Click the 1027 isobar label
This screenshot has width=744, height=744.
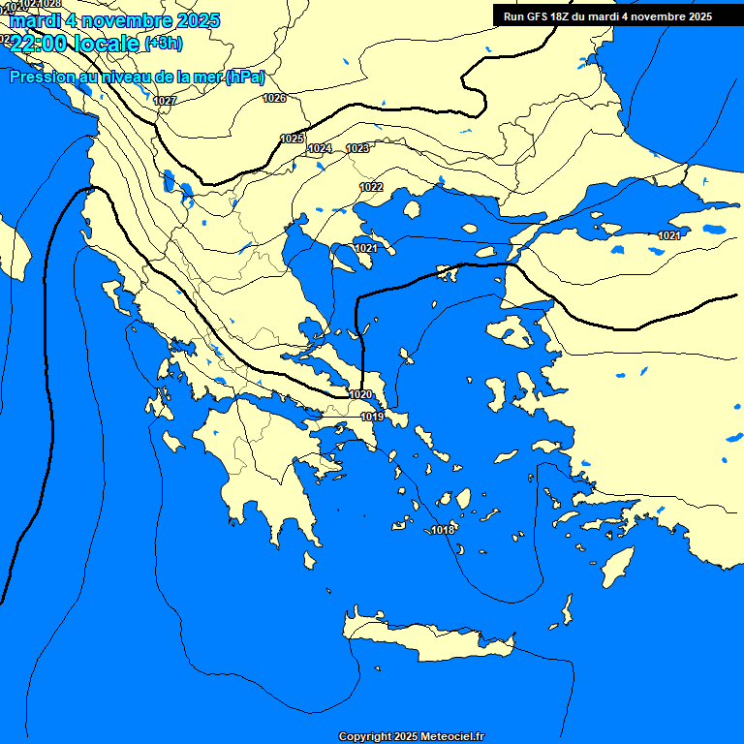[165, 101]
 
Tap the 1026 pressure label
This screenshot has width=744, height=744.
[274, 98]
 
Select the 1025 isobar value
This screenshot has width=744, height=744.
[292, 139]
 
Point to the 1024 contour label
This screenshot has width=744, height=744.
[320, 148]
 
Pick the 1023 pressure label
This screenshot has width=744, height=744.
[357, 148]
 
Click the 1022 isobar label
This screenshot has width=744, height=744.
[371, 187]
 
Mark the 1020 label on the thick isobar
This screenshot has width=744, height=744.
[360, 394]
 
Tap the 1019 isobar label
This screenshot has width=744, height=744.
[372, 417]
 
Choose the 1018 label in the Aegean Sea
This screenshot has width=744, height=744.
[443, 530]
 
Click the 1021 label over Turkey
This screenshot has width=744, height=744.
[668, 236]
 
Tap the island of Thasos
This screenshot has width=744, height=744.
[412, 209]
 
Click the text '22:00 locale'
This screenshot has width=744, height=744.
[76, 44]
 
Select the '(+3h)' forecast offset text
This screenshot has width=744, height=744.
[163, 44]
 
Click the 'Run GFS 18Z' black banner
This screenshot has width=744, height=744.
[607, 16]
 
